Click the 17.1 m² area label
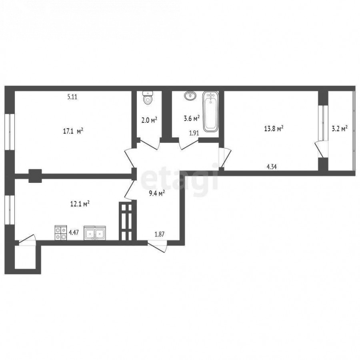point(73,131)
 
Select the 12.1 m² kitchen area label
point(80,204)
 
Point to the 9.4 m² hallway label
point(157,194)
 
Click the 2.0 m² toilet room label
point(149,120)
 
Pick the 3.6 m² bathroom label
point(192,119)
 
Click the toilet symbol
point(148,97)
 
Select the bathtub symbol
point(211,112)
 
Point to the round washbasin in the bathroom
point(190,95)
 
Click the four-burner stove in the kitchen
point(61,233)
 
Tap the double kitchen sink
point(95,233)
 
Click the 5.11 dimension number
point(72,97)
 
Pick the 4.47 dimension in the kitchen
point(74,232)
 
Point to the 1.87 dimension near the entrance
point(160,234)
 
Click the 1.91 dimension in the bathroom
point(194,133)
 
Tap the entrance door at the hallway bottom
point(158,246)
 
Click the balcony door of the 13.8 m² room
point(320,150)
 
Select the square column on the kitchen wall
point(35,176)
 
